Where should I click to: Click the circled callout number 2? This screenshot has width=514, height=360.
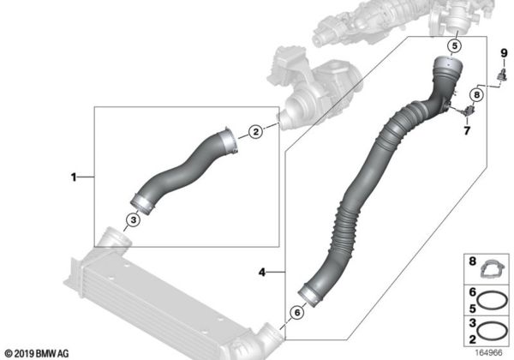coord(255,131)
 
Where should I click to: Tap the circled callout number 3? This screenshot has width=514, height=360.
coord(134,220)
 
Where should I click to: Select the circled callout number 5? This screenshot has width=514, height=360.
coord(454,46)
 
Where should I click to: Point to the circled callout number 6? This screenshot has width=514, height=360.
coord(297,313)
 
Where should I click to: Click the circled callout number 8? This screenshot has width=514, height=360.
coord(476,95)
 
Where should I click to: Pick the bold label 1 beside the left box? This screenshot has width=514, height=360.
coord(74,177)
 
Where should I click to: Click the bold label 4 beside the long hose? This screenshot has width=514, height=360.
coord(262,272)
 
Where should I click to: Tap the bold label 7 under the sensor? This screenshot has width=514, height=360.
coord(467,131)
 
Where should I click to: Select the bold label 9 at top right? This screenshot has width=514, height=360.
coord(504,53)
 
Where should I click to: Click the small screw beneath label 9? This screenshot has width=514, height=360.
coord(501,75)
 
